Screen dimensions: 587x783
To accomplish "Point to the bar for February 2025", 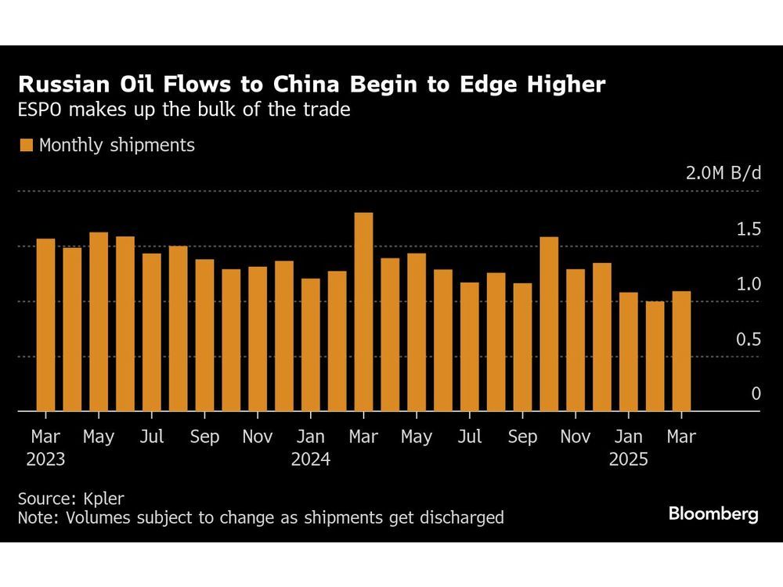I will pyautogui.click(x=655, y=356).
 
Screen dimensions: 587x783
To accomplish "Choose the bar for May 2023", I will pyautogui.click(x=99, y=322).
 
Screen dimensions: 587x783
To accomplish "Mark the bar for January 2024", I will pyautogui.click(x=311, y=344).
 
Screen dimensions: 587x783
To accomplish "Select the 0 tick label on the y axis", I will pyautogui.click(x=756, y=394).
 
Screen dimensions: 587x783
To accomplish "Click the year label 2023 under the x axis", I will pyautogui.click(x=45, y=459).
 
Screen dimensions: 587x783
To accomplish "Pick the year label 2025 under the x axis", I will pyautogui.click(x=628, y=459).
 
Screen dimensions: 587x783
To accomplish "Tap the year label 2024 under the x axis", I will pyautogui.click(x=311, y=459).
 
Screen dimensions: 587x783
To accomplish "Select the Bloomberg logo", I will pyautogui.click(x=713, y=514).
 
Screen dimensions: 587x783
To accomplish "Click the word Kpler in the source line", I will pyautogui.click(x=103, y=498).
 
